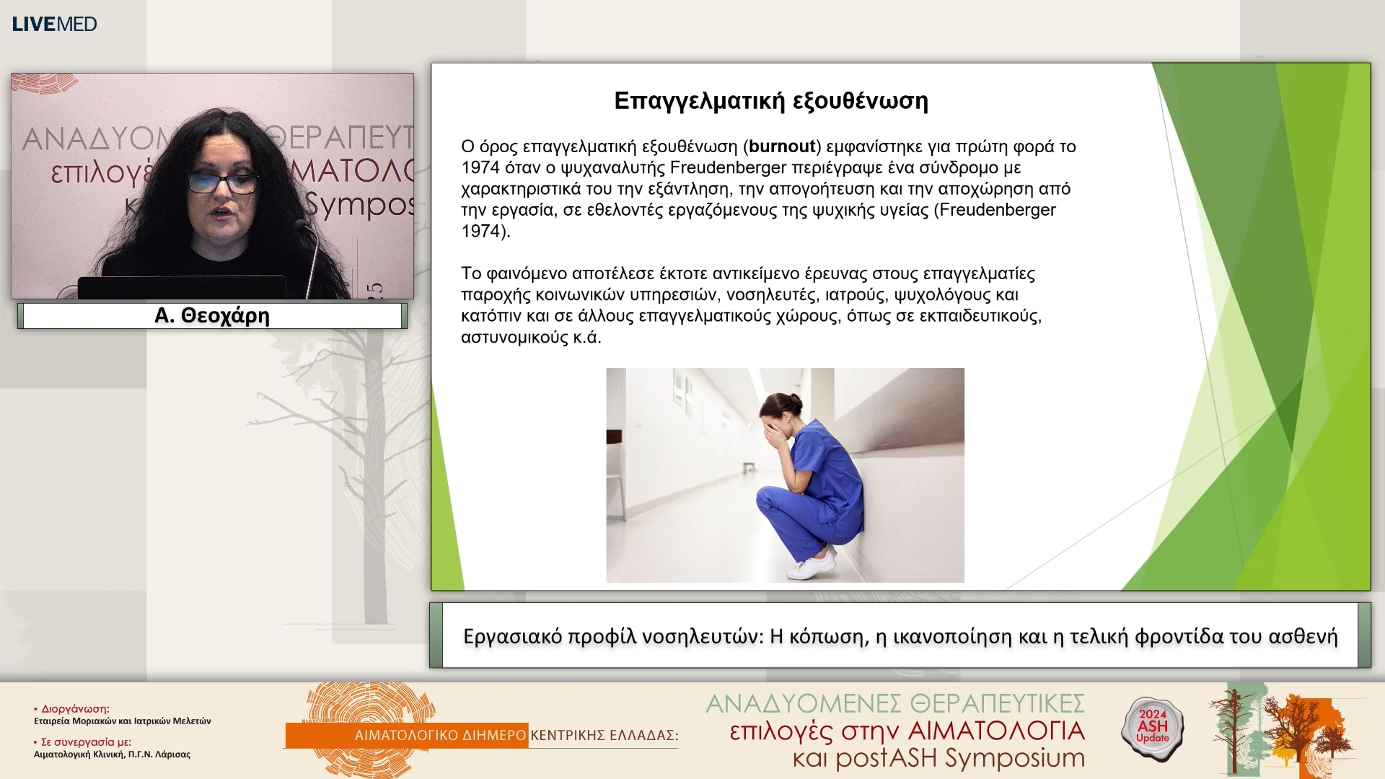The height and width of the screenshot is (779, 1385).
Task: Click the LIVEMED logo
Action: pyautogui.click(x=54, y=24)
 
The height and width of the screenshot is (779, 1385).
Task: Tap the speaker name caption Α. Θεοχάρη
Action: pyautogui.click(x=212, y=316)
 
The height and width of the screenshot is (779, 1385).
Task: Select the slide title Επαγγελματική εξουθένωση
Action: pyautogui.click(x=770, y=101)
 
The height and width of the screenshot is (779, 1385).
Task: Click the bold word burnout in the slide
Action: pyautogui.click(x=782, y=146)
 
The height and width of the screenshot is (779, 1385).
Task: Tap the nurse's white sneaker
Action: pyautogui.click(x=812, y=567)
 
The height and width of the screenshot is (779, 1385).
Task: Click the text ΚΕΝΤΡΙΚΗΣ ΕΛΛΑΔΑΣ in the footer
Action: pyautogui.click(x=604, y=735)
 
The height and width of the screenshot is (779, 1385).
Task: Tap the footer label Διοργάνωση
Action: pyautogui.click(x=75, y=709)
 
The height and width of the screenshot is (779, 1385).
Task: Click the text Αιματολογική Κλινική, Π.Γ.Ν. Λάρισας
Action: pyautogui.click(x=112, y=754)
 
